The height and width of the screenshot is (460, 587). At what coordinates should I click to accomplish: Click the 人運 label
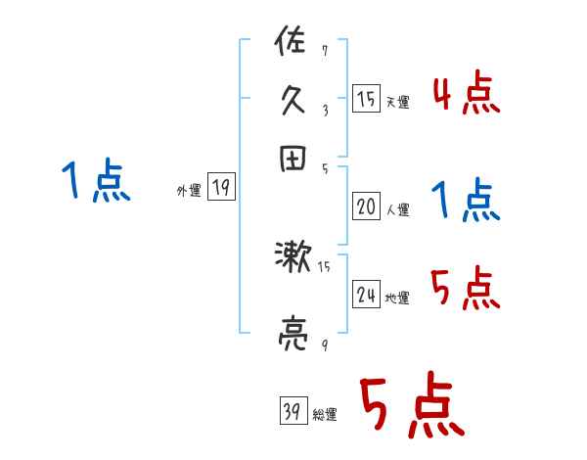pos(397,209)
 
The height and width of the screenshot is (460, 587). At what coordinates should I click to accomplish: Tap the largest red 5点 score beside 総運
pos(410,407)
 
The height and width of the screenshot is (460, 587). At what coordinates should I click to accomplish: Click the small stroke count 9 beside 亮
pos(324,344)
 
